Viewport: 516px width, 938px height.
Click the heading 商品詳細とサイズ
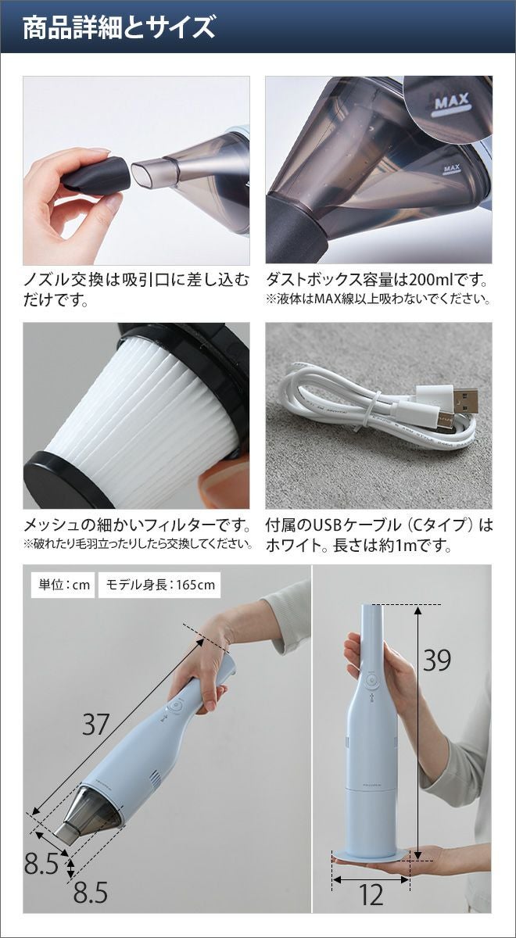tap(119, 27)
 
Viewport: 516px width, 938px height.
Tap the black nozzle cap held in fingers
tap(96, 174)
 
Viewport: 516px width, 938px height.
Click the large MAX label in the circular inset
tap(452, 101)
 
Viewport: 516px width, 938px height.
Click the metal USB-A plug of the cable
tap(465, 400)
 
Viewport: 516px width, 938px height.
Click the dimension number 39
tap(436, 661)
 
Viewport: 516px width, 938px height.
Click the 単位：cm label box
tap(63, 585)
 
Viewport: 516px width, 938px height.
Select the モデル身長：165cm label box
tap(159, 585)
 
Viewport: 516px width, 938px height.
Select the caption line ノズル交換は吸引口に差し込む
tap(136, 280)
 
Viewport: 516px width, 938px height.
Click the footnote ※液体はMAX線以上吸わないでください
tap(378, 299)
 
